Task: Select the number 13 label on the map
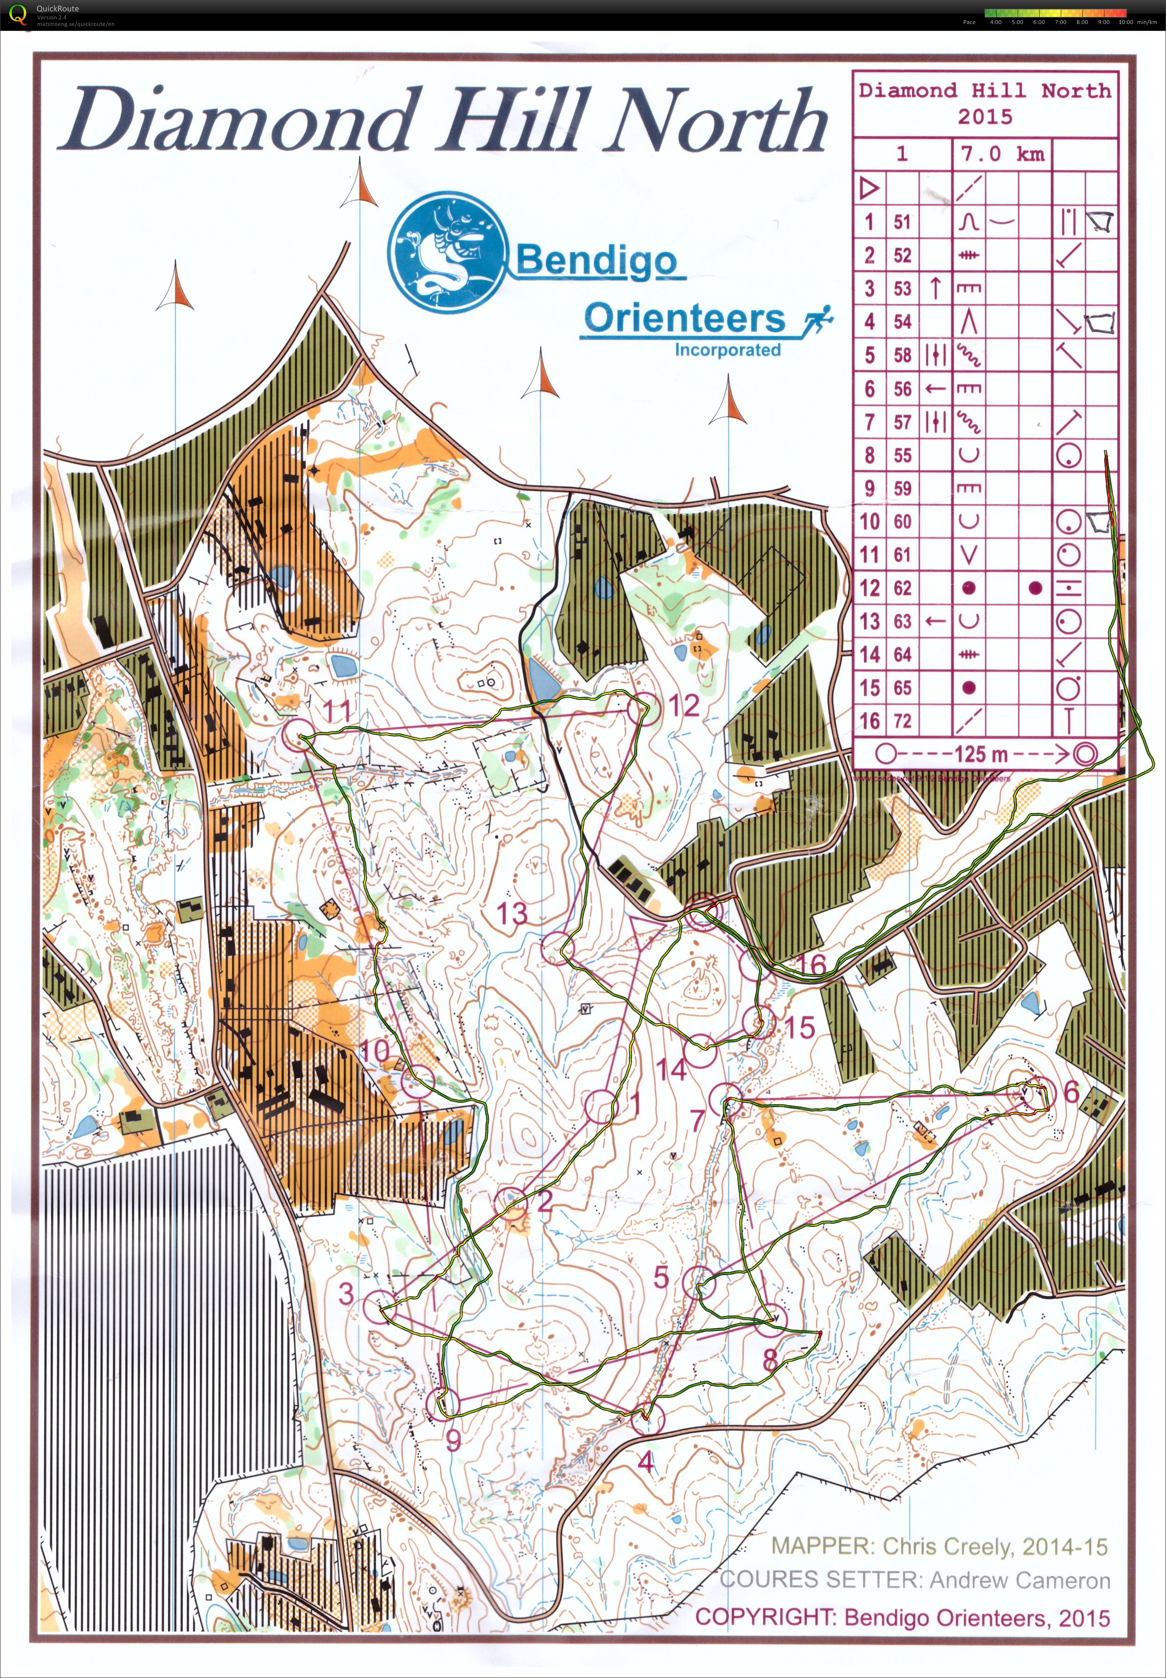click(x=512, y=913)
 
